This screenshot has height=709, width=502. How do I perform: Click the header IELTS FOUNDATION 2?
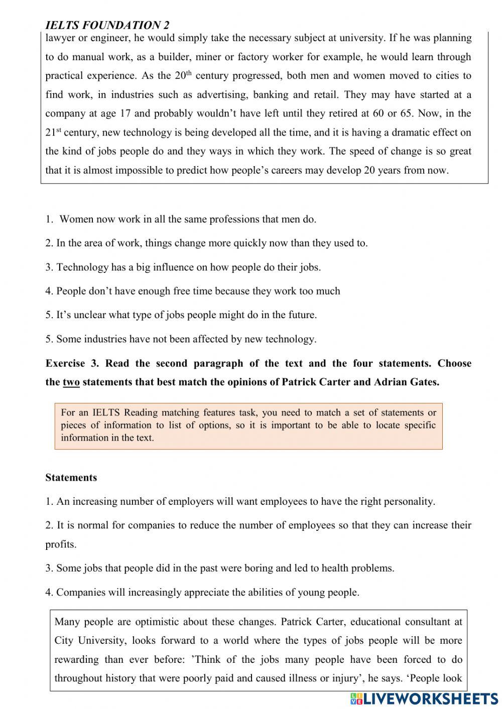(107, 25)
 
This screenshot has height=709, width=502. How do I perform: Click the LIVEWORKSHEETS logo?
(424, 698)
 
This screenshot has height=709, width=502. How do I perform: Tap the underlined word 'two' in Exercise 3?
(71, 382)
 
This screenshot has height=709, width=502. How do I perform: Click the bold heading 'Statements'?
(71, 478)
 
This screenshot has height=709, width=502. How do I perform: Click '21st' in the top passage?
(53, 133)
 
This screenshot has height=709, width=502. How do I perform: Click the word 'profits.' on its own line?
(61, 544)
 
